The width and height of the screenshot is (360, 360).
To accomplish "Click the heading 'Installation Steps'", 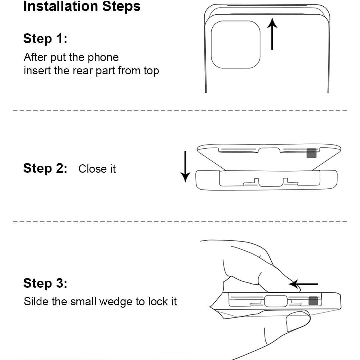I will (82, 7).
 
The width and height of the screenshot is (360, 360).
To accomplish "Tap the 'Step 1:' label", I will (45, 39).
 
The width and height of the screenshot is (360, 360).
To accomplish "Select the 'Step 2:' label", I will (45, 168).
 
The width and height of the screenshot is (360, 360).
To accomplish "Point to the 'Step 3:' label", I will (45, 283).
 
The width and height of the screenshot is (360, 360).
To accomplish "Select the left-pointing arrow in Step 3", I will (303, 284).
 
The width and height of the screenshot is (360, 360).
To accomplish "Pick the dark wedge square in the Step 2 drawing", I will (311, 153).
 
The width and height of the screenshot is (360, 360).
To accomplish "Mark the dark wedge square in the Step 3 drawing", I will (313, 301).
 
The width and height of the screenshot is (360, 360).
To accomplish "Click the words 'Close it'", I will (97, 169).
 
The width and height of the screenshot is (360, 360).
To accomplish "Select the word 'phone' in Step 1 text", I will (103, 57).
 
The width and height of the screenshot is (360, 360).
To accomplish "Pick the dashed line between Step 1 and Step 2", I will (180, 111).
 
